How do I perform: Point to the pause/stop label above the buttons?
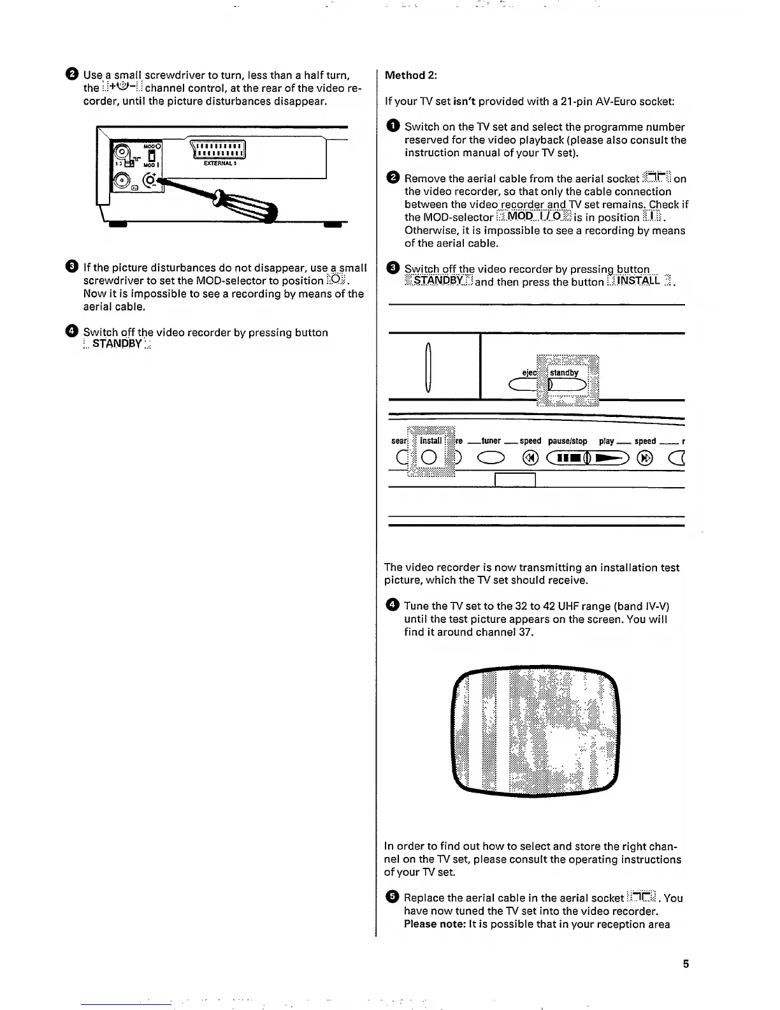pyautogui.click(x=567, y=441)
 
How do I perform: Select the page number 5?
pyautogui.click(x=686, y=964)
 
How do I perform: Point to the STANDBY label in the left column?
pyautogui.click(x=117, y=345)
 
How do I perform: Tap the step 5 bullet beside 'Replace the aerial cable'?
pyautogui.click(x=393, y=898)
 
